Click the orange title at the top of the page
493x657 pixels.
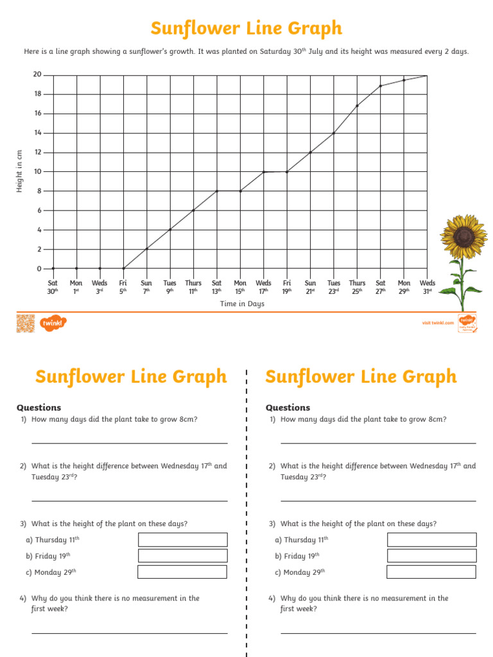pyautogui.click(x=246, y=29)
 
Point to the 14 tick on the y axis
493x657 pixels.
pyautogui.click(x=38, y=133)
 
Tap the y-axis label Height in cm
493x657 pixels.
pyautogui.click(x=19, y=171)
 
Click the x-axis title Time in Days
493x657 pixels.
pyautogui.click(x=242, y=304)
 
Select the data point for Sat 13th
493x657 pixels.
pyautogui.click(x=217, y=191)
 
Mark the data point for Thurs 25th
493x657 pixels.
pyautogui.click(x=357, y=106)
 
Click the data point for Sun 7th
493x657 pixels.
pyautogui.click(x=146, y=249)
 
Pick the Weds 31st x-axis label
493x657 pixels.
pyautogui.click(x=427, y=286)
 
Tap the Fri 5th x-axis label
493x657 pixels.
pyautogui.click(x=123, y=286)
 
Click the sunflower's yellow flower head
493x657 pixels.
pyautogui.click(x=463, y=235)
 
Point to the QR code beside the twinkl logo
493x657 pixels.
pyautogui.click(x=24, y=323)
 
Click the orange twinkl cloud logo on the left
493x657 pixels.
pyautogui.click(x=53, y=323)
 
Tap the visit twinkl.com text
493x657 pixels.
pyautogui.click(x=438, y=323)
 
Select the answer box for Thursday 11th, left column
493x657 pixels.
pyautogui.click(x=183, y=540)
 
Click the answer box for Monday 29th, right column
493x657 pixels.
pyautogui.click(x=431, y=572)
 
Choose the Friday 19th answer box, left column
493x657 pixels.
pyautogui.click(x=183, y=556)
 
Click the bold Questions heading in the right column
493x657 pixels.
pyautogui.click(x=288, y=407)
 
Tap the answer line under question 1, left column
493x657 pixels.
pyautogui.click(x=129, y=443)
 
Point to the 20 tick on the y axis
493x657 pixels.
pyautogui.click(x=38, y=75)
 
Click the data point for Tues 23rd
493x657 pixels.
pyautogui.click(x=334, y=133)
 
